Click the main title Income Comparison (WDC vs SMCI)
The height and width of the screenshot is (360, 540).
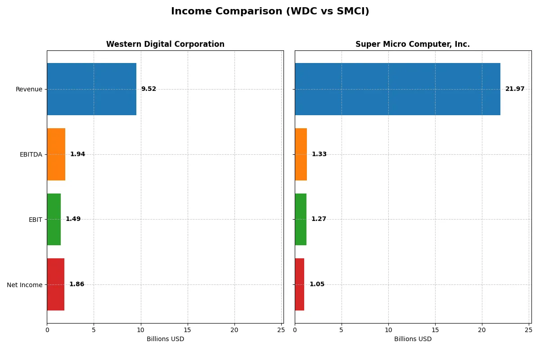[270, 12]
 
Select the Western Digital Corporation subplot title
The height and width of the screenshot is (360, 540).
[165, 45]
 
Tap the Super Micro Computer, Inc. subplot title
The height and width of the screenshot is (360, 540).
[413, 45]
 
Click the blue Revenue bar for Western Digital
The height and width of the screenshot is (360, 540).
[91, 89]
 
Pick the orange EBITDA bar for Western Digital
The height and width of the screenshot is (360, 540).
[56, 154]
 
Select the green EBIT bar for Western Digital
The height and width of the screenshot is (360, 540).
[54, 219]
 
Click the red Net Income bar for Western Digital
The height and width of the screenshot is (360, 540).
[56, 284]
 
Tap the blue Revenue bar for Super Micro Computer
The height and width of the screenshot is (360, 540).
[397, 89]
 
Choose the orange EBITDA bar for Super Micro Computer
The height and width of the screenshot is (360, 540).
[301, 154]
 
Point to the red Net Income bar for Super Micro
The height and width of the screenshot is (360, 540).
[300, 284]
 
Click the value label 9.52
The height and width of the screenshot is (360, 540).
[148, 89]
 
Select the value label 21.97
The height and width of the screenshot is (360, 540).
[515, 89]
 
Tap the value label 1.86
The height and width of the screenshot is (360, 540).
[76, 284]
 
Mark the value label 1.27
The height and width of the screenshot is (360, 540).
[319, 219]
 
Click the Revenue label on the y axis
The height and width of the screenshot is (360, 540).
[29, 90]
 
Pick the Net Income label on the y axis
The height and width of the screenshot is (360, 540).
[24, 285]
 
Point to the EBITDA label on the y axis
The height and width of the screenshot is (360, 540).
[31, 155]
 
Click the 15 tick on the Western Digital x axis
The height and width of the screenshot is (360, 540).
[187, 330]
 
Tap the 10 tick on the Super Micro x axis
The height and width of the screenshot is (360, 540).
[388, 330]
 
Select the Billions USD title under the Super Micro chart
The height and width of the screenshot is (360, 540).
[413, 339]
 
